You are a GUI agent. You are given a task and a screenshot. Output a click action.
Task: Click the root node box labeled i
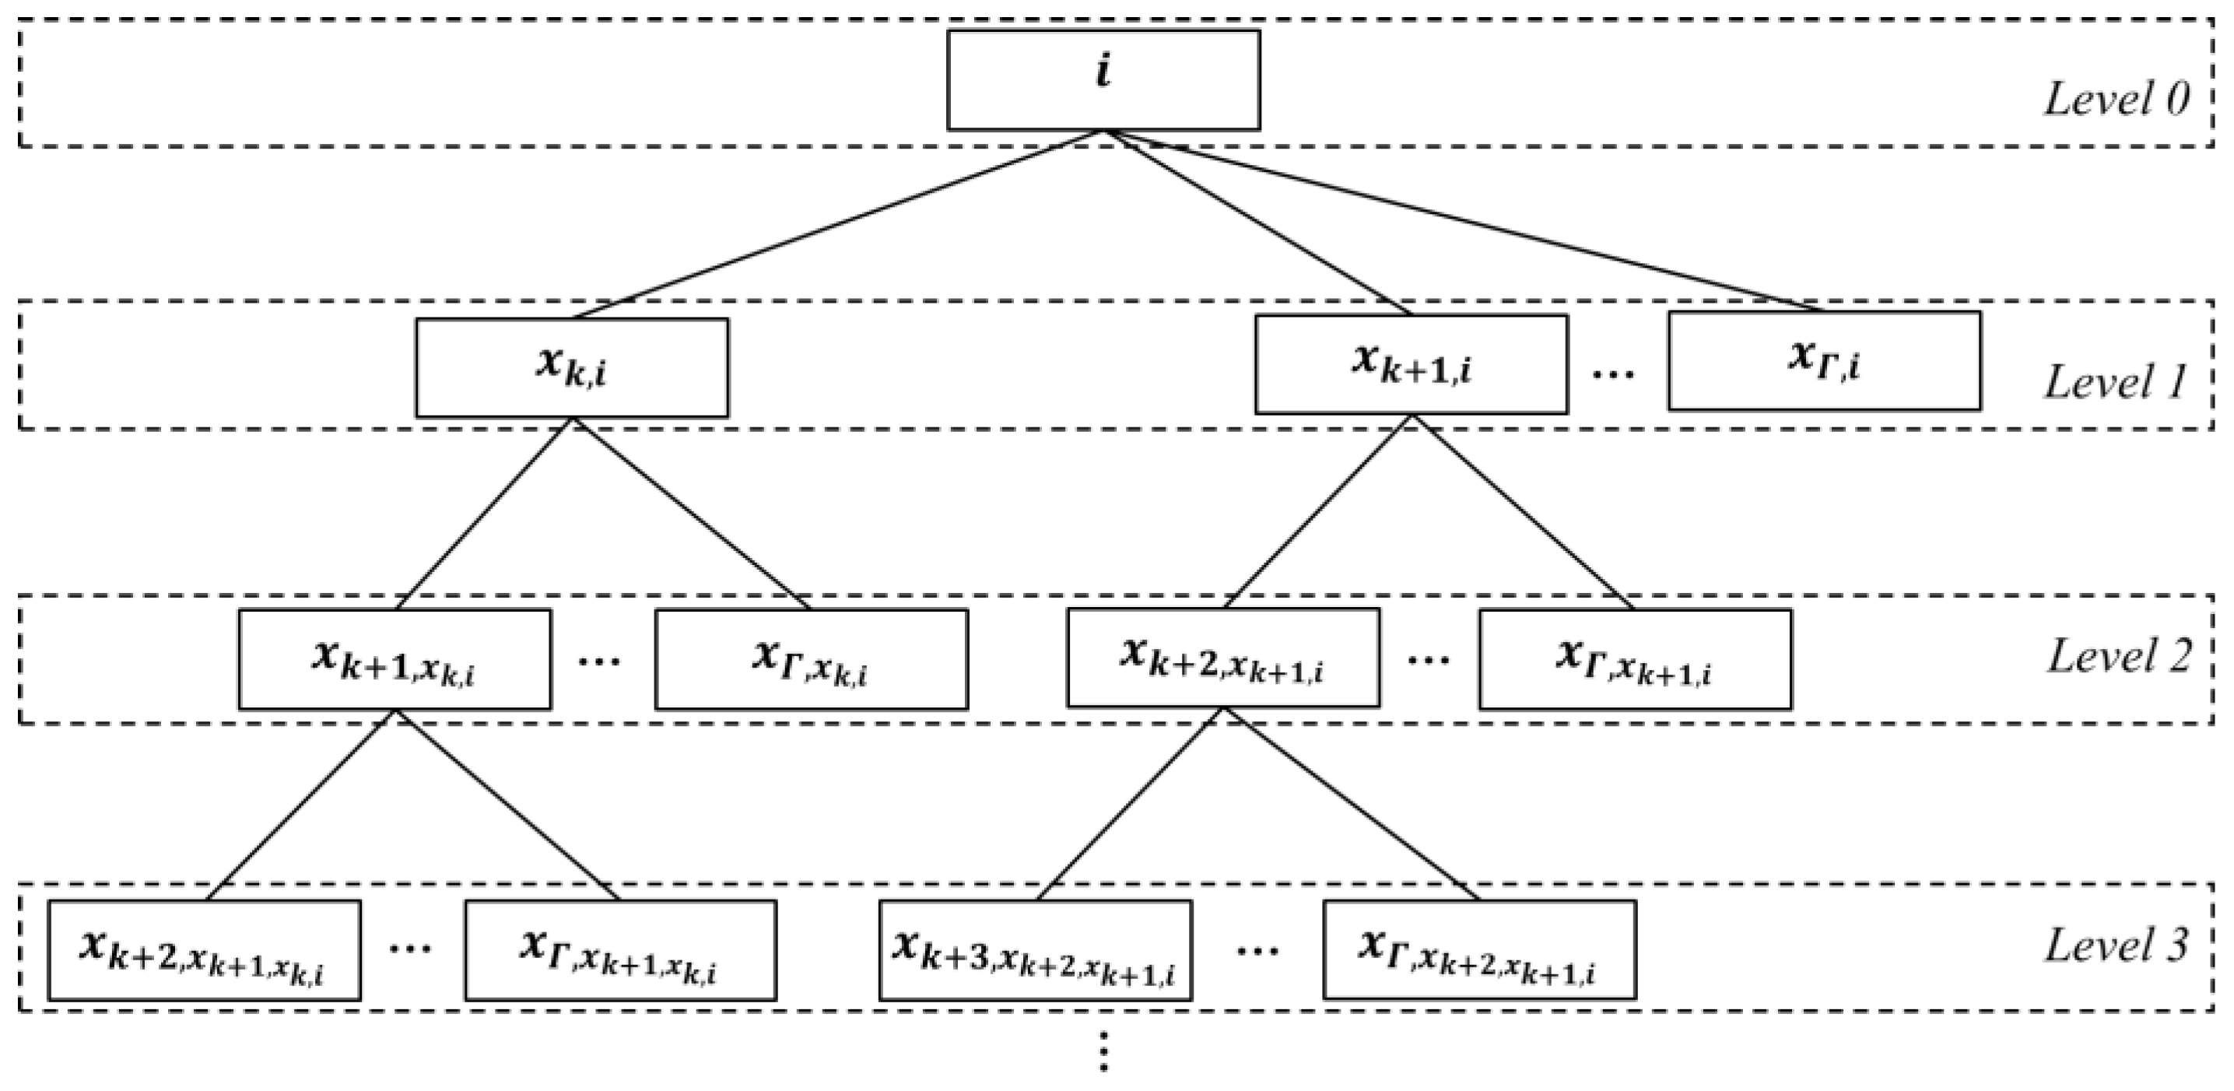click(1103, 80)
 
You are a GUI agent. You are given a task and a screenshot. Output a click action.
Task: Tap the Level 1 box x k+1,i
click(1411, 364)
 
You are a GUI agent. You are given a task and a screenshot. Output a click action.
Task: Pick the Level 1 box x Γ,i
click(1824, 361)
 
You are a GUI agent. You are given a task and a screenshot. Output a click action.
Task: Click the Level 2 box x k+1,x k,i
click(395, 659)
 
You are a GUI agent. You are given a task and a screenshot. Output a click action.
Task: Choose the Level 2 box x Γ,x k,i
click(811, 659)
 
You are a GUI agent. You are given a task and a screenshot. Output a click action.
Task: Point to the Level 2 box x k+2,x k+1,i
click(1222, 658)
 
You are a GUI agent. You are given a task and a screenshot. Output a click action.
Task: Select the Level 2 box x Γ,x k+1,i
click(1635, 659)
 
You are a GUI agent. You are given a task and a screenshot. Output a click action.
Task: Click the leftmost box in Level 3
click(204, 950)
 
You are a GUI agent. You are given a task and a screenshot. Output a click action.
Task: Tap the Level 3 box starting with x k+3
click(1035, 950)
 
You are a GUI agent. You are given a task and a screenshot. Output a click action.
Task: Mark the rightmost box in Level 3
click(1478, 950)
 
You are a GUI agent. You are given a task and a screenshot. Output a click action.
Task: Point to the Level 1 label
click(2116, 382)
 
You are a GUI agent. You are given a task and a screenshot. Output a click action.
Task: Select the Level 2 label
click(2118, 657)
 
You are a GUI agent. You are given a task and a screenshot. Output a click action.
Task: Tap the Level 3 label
click(2116, 945)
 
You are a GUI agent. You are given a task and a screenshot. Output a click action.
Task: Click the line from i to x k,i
click(837, 226)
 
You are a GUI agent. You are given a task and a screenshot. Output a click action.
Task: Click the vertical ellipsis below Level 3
click(1103, 1051)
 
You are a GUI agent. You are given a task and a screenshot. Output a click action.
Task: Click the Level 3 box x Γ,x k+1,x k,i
click(620, 950)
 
